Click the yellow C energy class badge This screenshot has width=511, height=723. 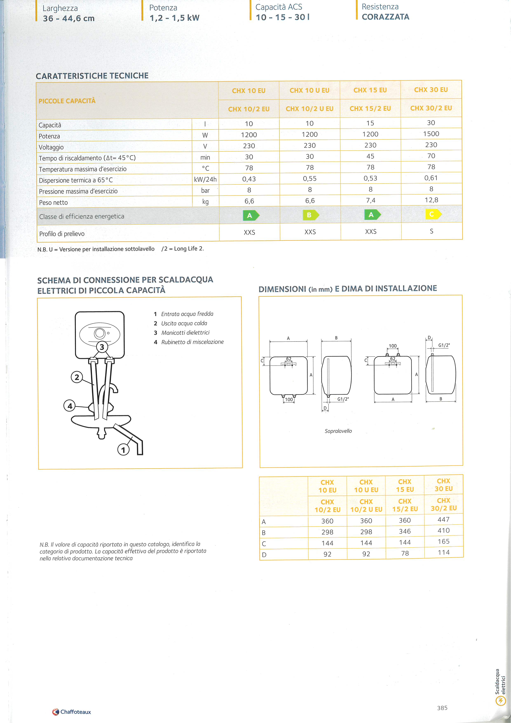[x=433, y=214]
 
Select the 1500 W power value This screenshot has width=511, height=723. [x=431, y=134]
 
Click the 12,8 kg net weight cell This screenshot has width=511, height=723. [x=431, y=200]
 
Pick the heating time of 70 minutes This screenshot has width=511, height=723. [x=431, y=156]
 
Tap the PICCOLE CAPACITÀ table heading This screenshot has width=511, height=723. [x=67, y=101]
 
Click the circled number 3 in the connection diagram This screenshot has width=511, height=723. [x=102, y=347]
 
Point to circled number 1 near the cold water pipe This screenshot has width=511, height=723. [x=123, y=450]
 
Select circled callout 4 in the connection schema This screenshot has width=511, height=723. [x=70, y=406]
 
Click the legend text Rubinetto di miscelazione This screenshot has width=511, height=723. [x=192, y=342]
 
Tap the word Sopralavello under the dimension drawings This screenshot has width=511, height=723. [x=338, y=431]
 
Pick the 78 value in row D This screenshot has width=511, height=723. [x=405, y=553]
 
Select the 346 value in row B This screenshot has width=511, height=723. [x=405, y=531]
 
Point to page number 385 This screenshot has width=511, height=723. [x=442, y=708]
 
